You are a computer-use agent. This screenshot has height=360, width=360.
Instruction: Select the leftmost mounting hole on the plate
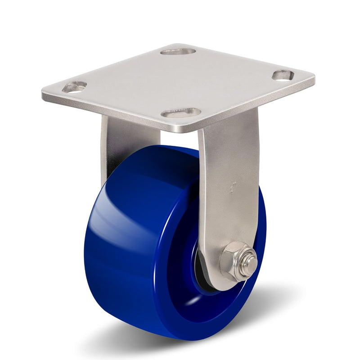click(x=74, y=87)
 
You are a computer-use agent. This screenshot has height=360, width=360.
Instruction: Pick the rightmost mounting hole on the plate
click(x=283, y=75)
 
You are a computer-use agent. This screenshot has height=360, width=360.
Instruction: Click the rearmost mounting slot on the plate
click(x=178, y=51)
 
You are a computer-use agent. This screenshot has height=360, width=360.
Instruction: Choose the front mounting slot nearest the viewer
click(x=181, y=112)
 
